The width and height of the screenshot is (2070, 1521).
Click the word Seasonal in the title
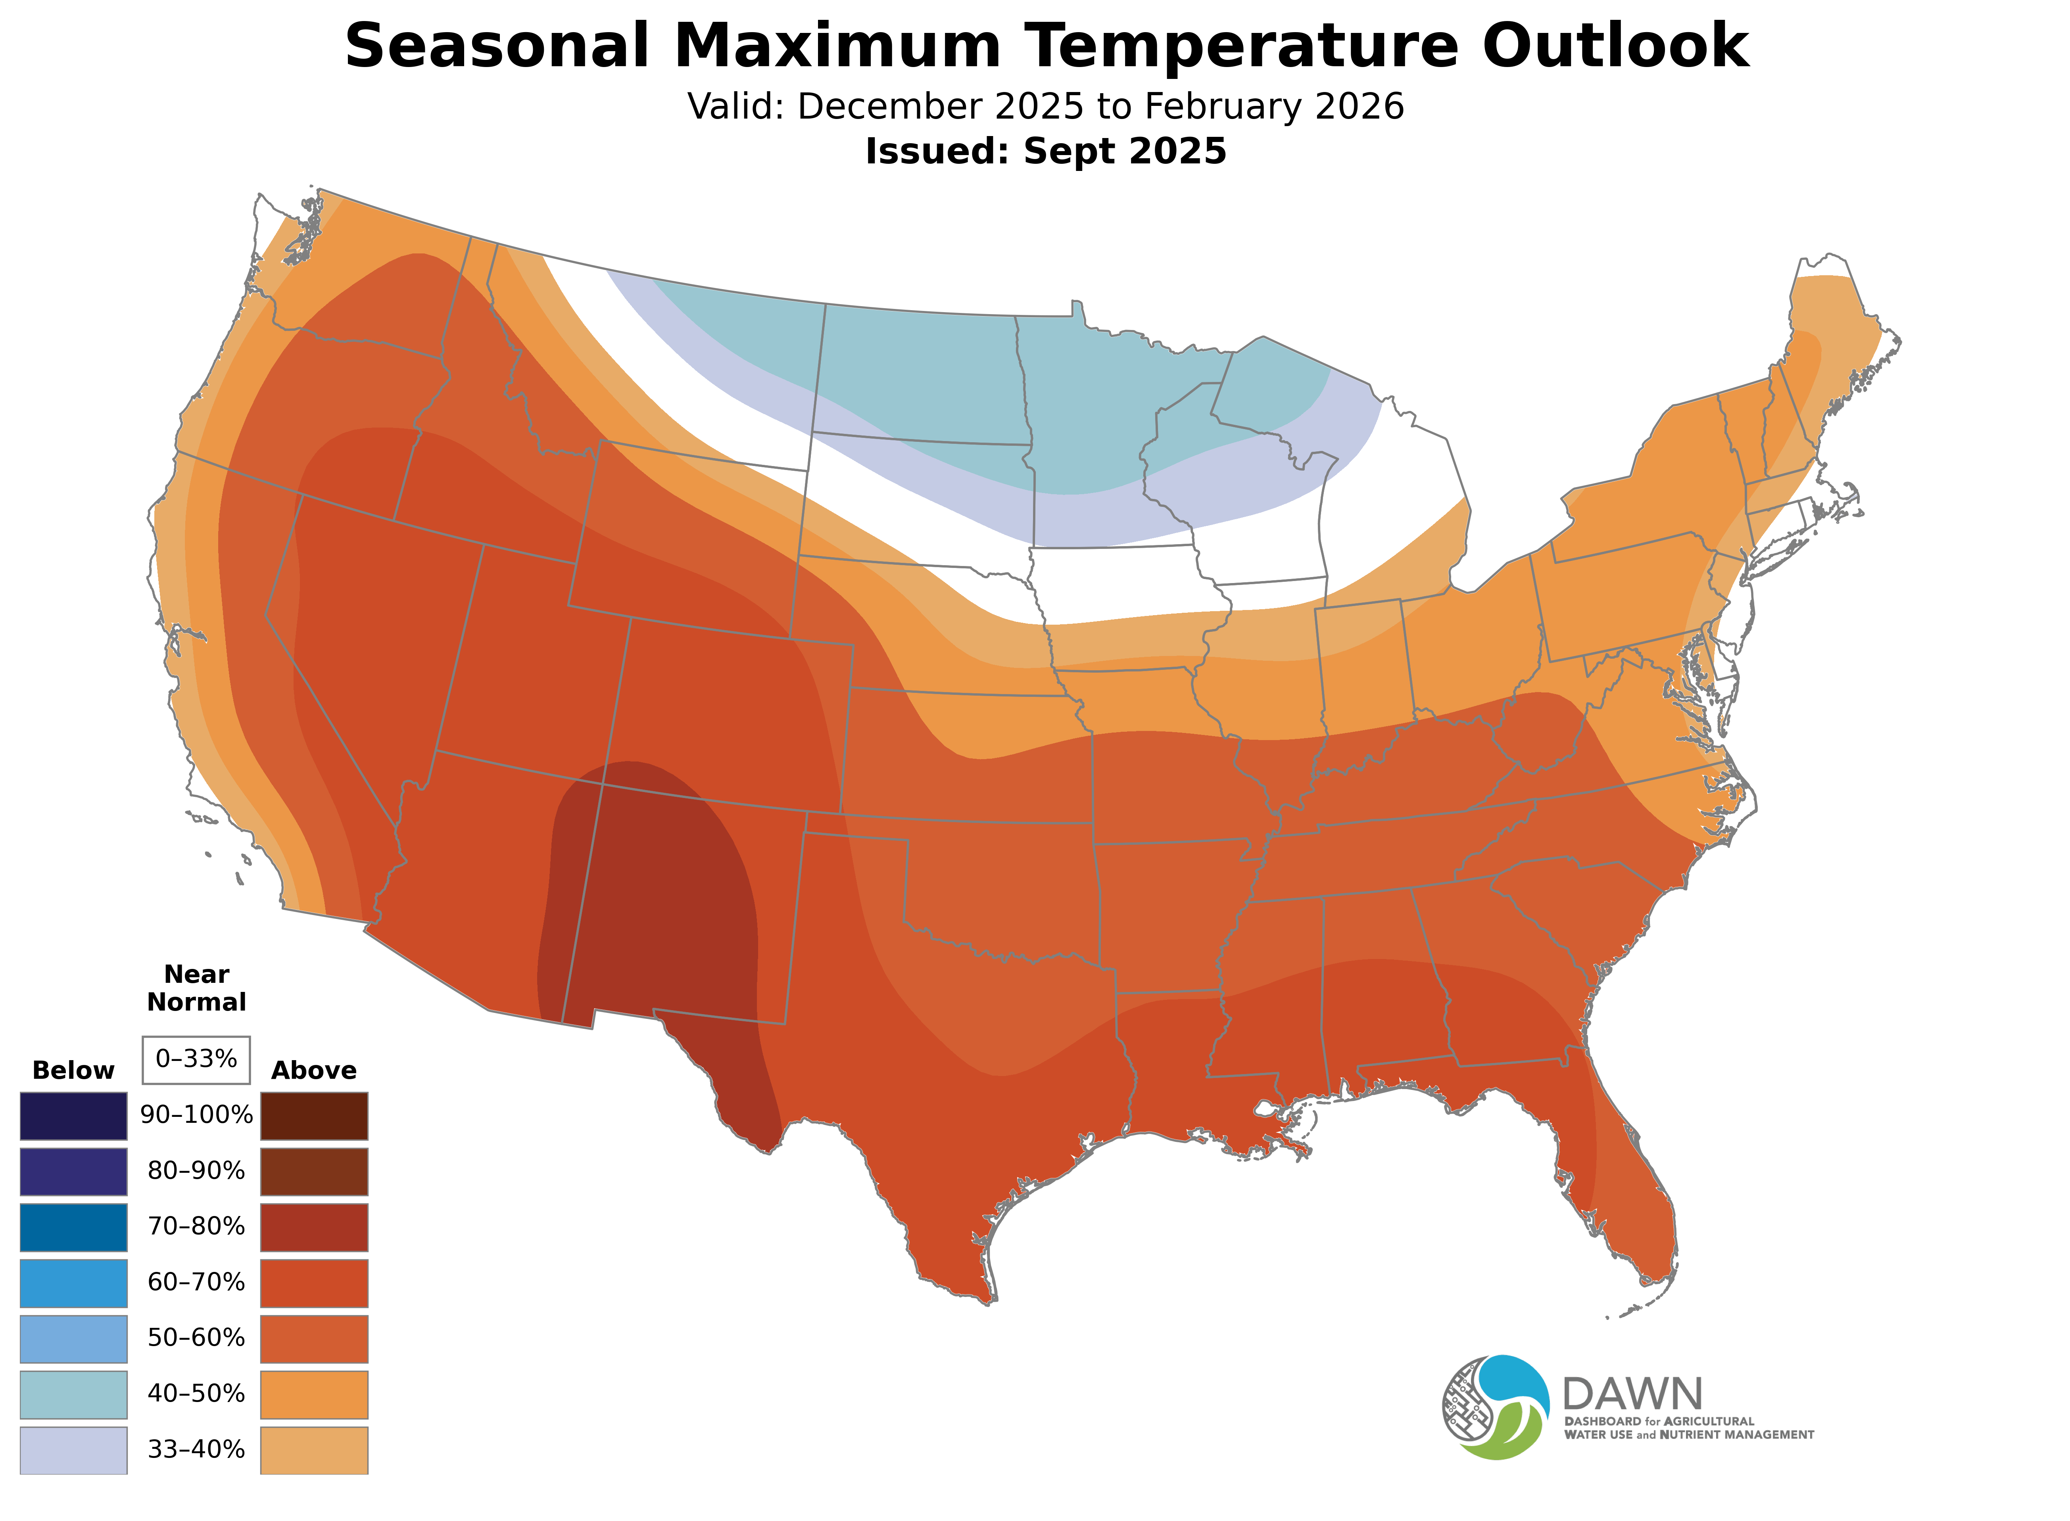tap(497, 46)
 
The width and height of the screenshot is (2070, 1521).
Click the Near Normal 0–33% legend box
tap(196, 1060)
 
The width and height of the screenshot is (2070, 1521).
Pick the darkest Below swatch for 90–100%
tap(74, 1116)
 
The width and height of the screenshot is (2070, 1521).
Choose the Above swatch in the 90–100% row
tap(314, 1116)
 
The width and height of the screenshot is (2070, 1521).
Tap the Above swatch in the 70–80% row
tap(314, 1227)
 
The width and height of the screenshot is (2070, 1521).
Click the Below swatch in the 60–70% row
tap(74, 1283)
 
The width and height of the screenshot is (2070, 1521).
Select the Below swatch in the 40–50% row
tap(74, 1395)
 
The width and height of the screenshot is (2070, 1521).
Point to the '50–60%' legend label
tap(196, 1338)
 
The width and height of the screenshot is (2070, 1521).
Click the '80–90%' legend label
tap(196, 1171)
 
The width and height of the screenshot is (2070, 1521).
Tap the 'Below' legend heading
tap(74, 1071)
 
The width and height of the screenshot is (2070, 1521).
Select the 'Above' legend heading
tap(314, 1071)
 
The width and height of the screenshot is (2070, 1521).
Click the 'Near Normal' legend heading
tap(196, 988)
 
